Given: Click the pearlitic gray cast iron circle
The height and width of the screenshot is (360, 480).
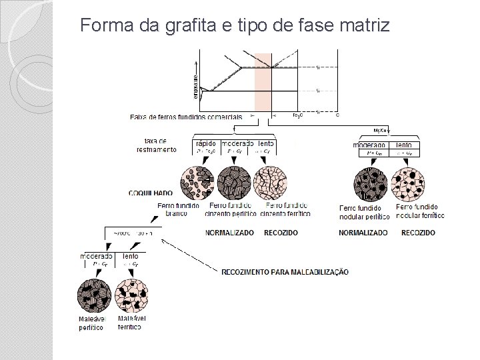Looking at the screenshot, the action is tap(234, 183).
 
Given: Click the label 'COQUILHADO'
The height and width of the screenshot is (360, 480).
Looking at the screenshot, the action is tap(150, 193).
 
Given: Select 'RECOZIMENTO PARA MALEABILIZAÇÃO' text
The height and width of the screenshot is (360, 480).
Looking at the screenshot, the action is tap(285, 271).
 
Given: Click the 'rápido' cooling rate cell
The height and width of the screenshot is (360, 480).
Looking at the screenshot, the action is tap(205, 143).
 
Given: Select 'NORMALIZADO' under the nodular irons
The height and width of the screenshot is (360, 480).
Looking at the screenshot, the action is tap(363, 233).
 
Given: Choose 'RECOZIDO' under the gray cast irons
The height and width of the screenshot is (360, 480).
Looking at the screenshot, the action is tap(281, 233).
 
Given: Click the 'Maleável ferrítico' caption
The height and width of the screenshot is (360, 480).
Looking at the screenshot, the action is tap(132, 323).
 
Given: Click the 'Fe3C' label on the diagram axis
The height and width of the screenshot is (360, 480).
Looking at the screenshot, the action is tap(297, 115).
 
